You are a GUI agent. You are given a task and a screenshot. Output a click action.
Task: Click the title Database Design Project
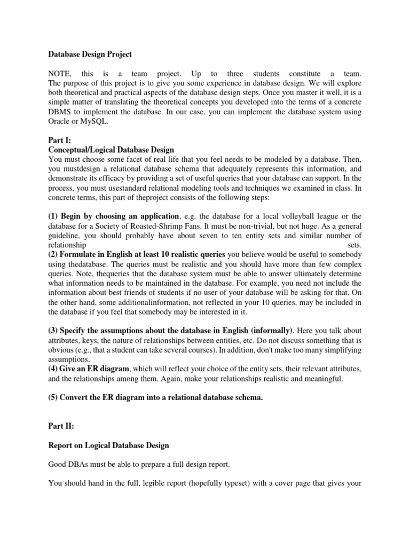[x=90, y=54]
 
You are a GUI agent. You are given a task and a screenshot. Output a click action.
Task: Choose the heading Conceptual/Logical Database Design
[x=111, y=150]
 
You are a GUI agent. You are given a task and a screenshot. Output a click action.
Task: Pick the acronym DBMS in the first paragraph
[x=61, y=113]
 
